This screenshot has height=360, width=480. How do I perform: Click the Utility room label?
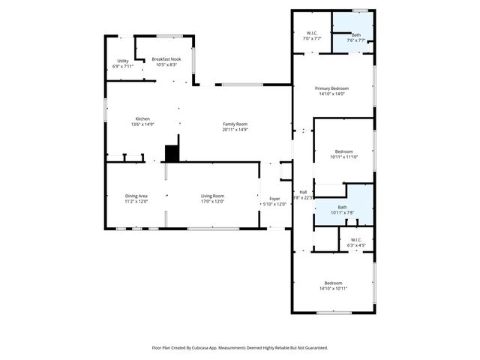pyautogui.click(x=122, y=61)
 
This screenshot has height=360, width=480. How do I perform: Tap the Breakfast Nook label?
pyautogui.click(x=166, y=59)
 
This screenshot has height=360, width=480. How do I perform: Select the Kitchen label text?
pyautogui.click(x=142, y=119)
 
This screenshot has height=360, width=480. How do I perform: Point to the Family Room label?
pyautogui.click(x=235, y=124)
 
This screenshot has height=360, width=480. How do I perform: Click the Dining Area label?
pyautogui.click(x=136, y=196)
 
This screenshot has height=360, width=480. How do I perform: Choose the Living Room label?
pyautogui.click(x=212, y=196)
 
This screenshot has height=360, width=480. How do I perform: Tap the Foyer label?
pyautogui.click(x=275, y=199)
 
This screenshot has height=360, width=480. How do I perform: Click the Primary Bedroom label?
pyautogui.click(x=331, y=88)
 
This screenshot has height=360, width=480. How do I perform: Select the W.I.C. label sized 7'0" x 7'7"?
pyautogui.click(x=311, y=33)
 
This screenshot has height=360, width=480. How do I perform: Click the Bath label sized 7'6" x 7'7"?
pyautogui.click(x=356, y=34)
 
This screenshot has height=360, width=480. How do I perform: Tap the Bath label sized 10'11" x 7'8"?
pyautogui.click(x=342, y=207)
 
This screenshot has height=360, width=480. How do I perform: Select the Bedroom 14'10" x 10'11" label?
pyautogui.click(x=333, y=283)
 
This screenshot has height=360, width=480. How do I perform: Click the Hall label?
pyautogui.click(x=303, y=193)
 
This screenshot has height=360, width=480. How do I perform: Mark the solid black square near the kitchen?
pyautogui.click(x=172, y=153)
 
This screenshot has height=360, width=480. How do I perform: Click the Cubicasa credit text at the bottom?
pyautogui.click(x=239, y=347)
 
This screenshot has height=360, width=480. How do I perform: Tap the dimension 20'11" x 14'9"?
pyautogui.click(x=235, y=130)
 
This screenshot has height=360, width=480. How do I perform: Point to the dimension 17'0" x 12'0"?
pyautogui.click(x=212, y=202)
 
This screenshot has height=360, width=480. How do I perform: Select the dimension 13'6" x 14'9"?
pyautogui.click(x=142, y=124)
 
